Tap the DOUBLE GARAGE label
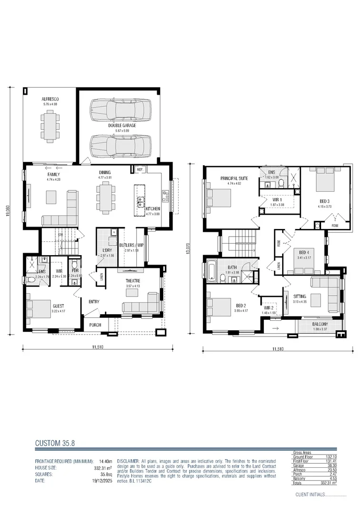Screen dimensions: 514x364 point(122,125)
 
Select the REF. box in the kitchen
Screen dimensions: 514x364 point(140,169)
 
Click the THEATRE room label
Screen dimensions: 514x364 point(133,281)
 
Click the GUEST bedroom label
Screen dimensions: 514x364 point(58,306)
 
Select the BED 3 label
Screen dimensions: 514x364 point(325,201)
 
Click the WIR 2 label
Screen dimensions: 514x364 point(269,308)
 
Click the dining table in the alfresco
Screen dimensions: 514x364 point(50,126)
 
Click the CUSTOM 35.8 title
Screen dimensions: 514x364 point(55,443)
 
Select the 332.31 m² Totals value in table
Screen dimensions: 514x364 point(326,483)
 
